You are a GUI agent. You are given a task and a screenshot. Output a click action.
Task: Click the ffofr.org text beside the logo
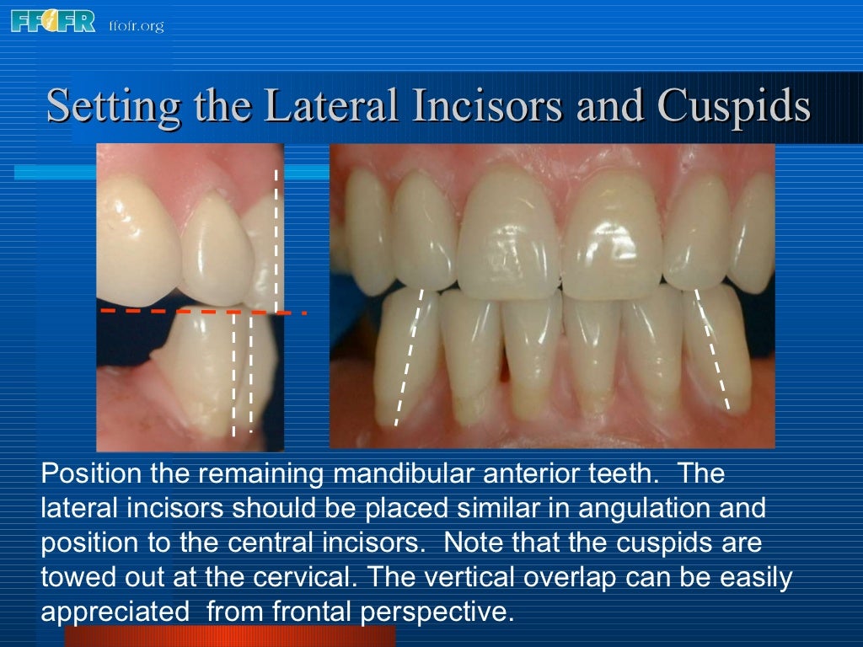pyautogui.click(x=136, y=25)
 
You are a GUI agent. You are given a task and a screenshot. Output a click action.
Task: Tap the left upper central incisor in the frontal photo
pyautogui.click(x=509, y=236)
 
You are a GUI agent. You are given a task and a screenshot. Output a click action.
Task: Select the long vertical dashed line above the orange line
pyautogui.click(x=276, y=240)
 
